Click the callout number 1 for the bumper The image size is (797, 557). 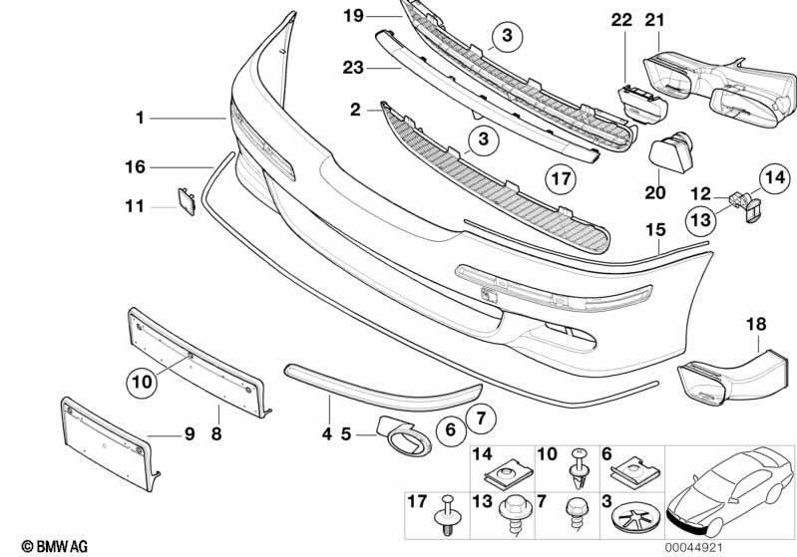coord(141,119)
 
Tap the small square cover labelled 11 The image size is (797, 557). coord(187,200)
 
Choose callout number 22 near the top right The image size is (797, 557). coord(621,20)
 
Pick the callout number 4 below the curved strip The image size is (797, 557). coord(325,433)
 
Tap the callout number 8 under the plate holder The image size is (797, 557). coord(216,433)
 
